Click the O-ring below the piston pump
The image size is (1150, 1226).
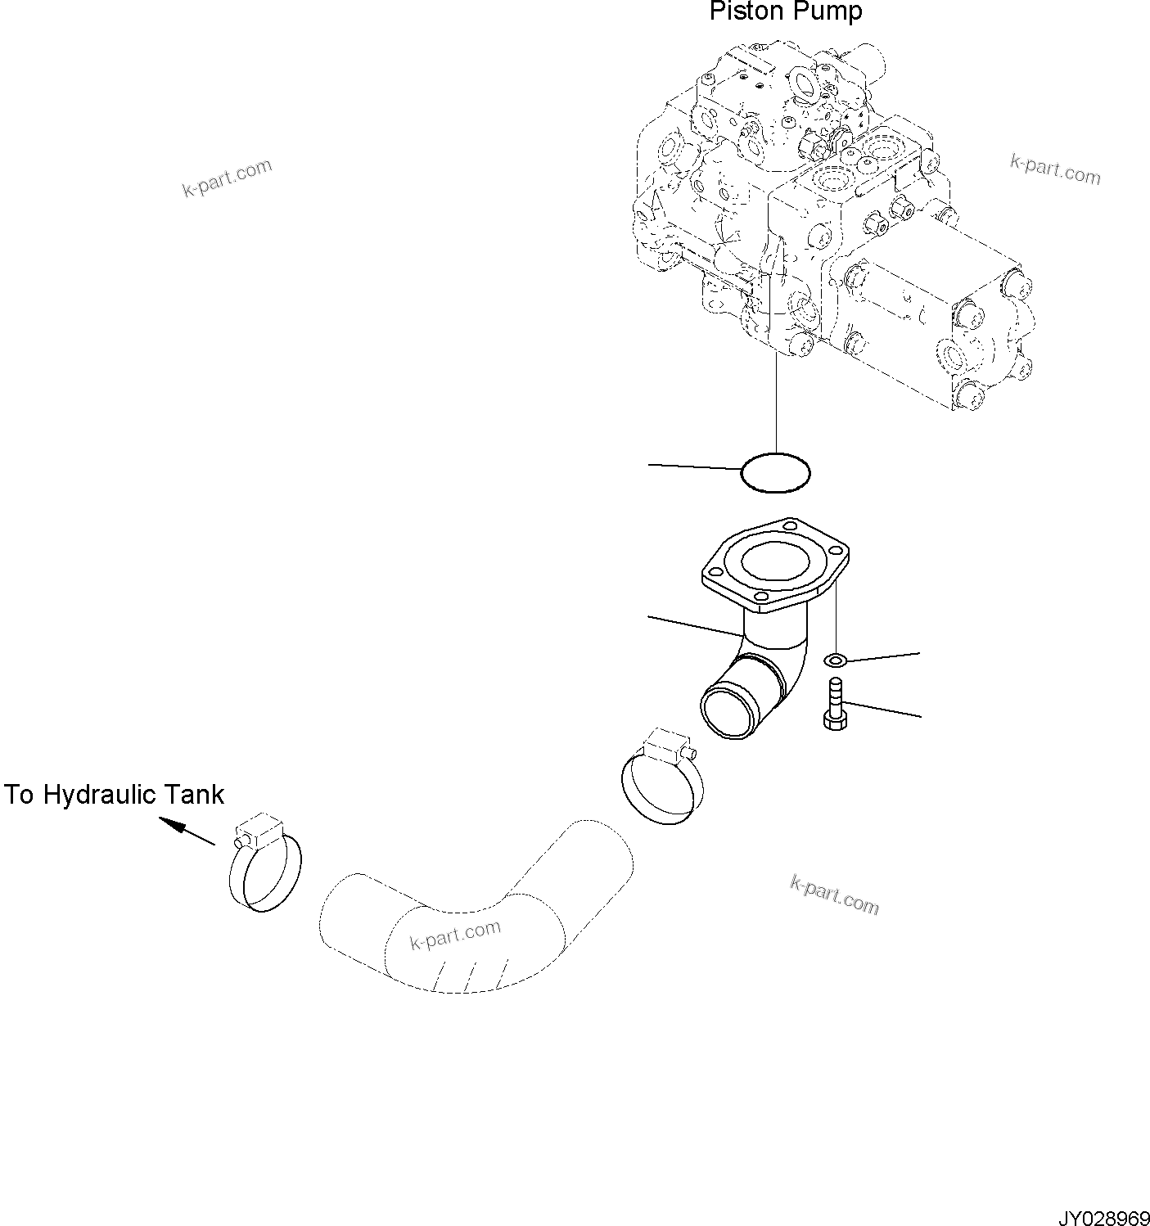click(x=775, y=472)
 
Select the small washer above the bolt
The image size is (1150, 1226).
click(x=835, y=660)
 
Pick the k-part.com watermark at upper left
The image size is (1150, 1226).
click(x=227, y=178)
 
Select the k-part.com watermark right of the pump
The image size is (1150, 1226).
click(x=1055, y=169)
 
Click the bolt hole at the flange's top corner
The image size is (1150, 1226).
click(x=789, y=524)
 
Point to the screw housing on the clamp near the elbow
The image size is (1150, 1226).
click(x=664, y=745)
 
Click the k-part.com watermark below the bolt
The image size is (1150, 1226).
click(x=834, y=894)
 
